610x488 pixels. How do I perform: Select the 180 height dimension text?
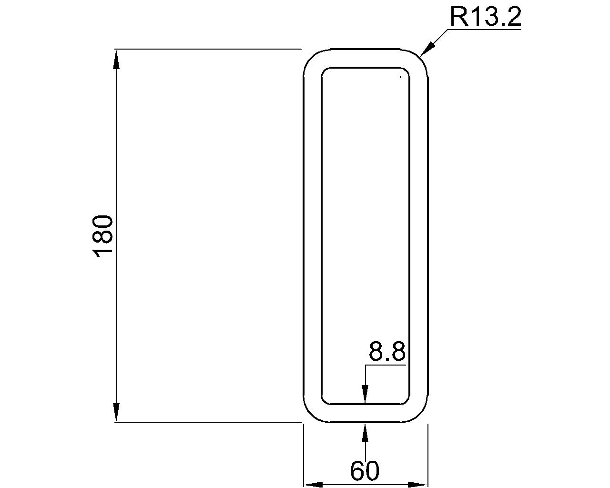click(103, 236)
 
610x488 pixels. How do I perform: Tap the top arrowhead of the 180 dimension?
click(116, 59)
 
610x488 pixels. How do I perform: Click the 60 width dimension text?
click(365, 471)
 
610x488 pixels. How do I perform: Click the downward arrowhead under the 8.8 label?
click(365, 395)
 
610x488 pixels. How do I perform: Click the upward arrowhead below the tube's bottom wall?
click(365, 432)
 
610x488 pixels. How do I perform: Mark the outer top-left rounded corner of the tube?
click(310, 56)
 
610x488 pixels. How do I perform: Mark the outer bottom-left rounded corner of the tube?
click(310, 415)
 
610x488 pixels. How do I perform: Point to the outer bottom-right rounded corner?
click(421, 415)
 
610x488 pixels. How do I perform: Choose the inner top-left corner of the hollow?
click(325, 71)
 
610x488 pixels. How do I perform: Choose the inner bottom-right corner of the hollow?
click(407, 401)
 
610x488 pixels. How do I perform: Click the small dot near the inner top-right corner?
click(400, 76)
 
